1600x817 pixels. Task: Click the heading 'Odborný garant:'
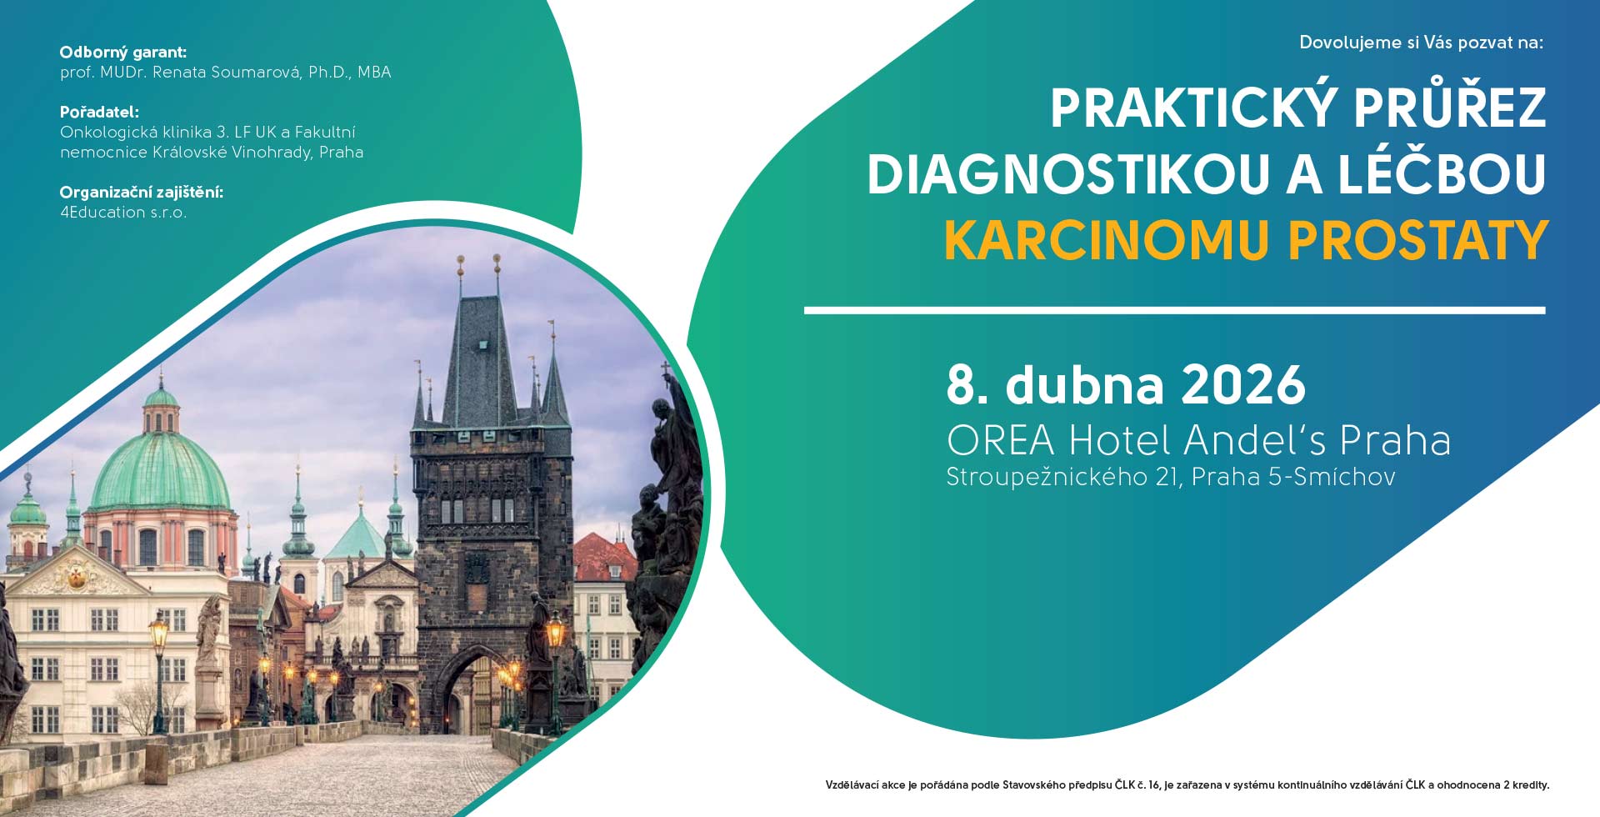(x=123, y=53)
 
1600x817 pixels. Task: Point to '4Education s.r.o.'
(x=123, y=213)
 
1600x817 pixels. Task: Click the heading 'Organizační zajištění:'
(x=142, y=193)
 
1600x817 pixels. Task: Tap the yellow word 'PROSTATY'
(x=1418, y=241)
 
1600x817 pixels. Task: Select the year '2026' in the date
(x=1243, y=385)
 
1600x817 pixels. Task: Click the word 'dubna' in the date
(x=1084, y=384)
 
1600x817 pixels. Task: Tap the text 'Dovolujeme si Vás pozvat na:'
(x=1422, y=43)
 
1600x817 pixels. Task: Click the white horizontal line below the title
(x=1175, y=311)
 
